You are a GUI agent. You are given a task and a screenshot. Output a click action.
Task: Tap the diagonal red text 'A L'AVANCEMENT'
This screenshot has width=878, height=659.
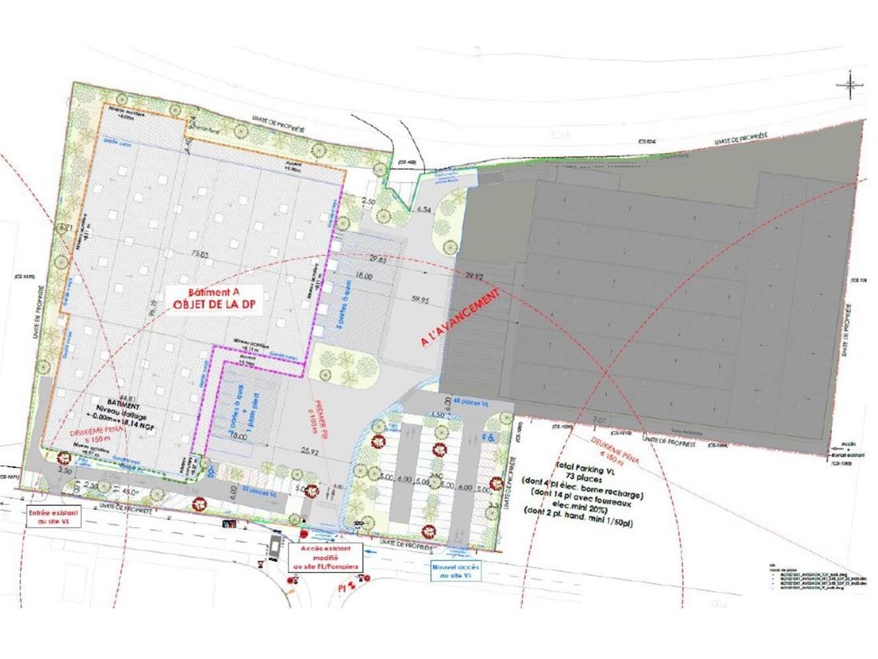pyautogui.click(x=461, y=316)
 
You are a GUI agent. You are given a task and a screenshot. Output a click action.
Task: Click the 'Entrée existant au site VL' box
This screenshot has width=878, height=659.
pyautogui.click(x=53, y=517)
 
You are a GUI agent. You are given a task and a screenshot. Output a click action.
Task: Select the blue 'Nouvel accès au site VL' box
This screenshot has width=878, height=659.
pyautogui.click(x=456, y=571)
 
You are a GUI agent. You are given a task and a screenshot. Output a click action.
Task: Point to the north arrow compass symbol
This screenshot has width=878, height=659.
pyautogui.click(x=849, y=84)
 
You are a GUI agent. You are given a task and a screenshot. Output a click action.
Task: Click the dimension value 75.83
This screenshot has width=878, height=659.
pyautogui.click(x=200, y=254)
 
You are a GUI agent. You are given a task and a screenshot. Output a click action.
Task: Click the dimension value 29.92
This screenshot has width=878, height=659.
pyautogui.click(x=475, y=276)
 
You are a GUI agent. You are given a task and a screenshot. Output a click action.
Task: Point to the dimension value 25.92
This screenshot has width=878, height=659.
pyautogui.click(x=310, y=452)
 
